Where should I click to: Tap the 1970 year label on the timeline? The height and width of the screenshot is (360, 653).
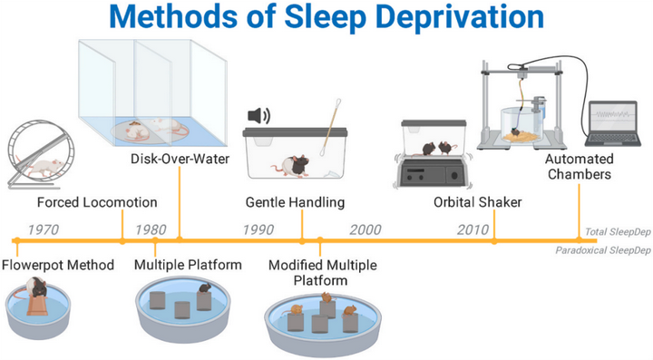[44, 229]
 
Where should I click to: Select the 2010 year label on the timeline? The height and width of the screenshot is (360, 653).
[473, 229]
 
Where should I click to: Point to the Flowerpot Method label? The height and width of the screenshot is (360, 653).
[58, 265]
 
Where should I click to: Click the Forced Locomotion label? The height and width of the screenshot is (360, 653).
[97, 201]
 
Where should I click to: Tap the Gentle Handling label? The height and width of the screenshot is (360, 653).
[295, 201]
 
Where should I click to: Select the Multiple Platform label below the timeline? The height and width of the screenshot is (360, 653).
[188, 265]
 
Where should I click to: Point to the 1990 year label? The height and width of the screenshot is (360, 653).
[258, 229]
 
